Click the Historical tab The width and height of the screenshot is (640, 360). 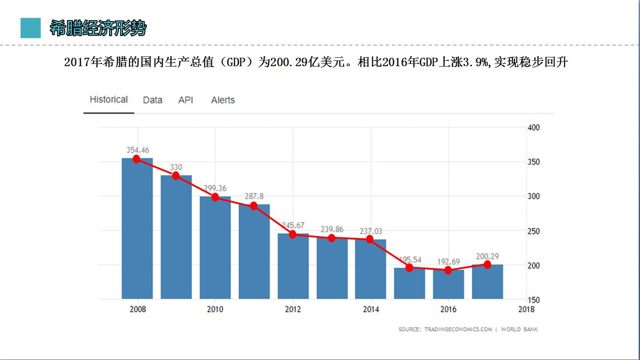(109, 100)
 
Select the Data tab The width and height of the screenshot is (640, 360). (152, 100)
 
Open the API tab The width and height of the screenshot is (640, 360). (186, 100)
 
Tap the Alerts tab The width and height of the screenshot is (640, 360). (223, 100)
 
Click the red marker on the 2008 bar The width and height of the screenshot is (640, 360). (137, 159)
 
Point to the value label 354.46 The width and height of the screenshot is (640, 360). (138, 150)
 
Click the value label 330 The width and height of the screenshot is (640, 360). (176, 167)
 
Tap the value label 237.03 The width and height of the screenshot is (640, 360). (371, 231)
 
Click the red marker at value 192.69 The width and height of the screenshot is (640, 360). (448, 270)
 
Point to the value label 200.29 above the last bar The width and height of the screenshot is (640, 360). (487, 257)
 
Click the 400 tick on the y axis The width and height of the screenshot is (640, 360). (534, 127)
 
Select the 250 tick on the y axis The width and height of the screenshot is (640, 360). (534, 231)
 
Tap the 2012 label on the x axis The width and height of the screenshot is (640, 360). (293, 309)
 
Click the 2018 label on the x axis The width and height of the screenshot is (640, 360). (526, 309)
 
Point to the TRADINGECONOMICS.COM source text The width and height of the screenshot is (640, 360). (458, 329)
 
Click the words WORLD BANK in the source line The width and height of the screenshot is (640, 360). (519, 329)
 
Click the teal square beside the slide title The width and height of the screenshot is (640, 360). (31, 28)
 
